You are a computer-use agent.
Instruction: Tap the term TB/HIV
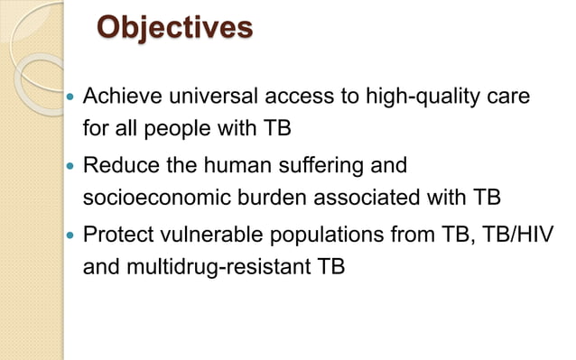517,237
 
